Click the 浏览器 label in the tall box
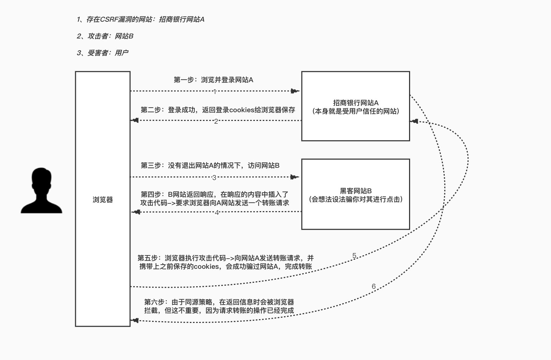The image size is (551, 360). pyautogui.click(x=103, y=200)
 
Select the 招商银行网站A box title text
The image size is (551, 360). pyautogui.click(x=356, y=103)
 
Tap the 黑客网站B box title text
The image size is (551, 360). pyautogui.click(x=356, y=191)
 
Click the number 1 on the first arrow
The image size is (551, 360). pyautogui.click(x=215, y=92)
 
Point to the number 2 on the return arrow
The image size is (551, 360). pyautogui.click(x=216, y=121)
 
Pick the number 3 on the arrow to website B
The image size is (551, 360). pyautogui.click(x=214, y=178)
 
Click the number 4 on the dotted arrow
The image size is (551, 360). pyautogui.click(x=217, y=213)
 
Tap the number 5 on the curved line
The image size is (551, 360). pyautogui.click(x=354, y=256)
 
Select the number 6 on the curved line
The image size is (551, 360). pyautogui.click(x=373, y=287)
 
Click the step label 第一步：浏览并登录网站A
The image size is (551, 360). pyautogui.click(x=213, y=80)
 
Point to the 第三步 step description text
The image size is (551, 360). pyautogui.click(x=210, y=165)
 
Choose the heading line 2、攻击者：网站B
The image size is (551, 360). pyautogui.click(x=105, y=36)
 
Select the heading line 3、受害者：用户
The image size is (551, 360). pyautogui.click(x=102, y=53)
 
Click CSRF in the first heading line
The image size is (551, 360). pyautogui.click(x=109, y=20)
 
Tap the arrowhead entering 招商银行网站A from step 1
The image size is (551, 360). pyautogui.click(x=296, y=91)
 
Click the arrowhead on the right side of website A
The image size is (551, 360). pyautogui.click(x=414, y=121)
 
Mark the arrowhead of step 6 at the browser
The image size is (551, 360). pyautogui.click(x=135, y=320)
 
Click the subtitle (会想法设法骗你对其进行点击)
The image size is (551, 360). pyautogui.click(x=356, y=199)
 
